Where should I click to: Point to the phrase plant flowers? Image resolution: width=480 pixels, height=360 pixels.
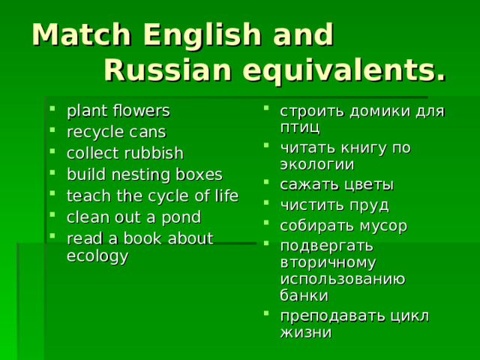[118, 111]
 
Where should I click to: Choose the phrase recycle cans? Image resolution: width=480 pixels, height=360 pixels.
[116, 133]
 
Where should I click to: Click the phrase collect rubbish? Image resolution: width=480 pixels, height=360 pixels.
[124, 154]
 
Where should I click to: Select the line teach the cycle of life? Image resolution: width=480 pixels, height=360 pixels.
[152, 196]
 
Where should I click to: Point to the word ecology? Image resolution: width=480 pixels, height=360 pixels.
[97, 255]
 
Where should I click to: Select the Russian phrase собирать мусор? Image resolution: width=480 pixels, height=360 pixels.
[343, 226]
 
